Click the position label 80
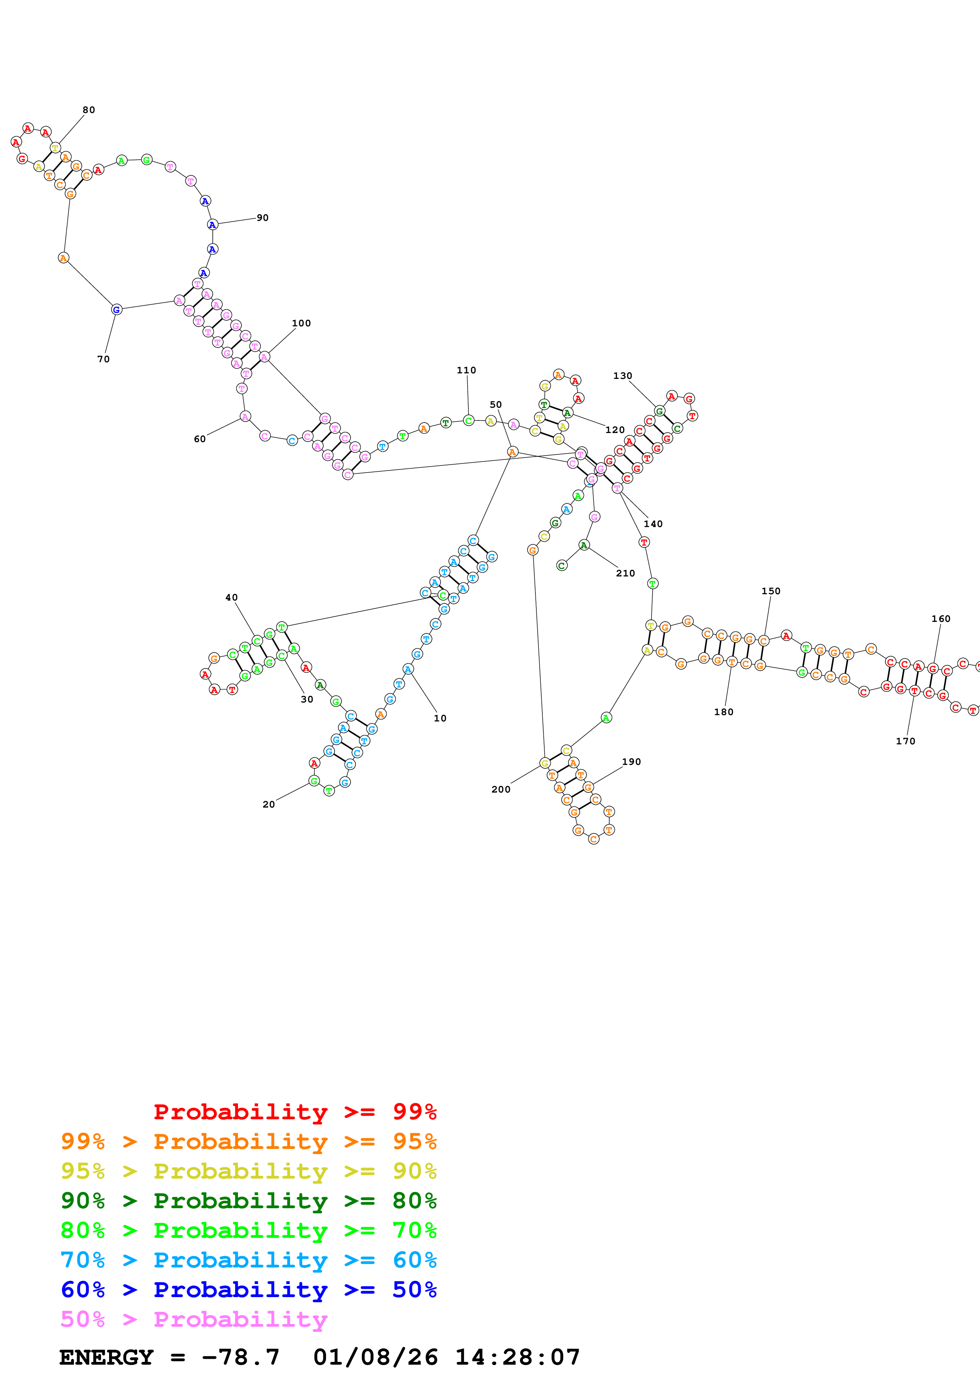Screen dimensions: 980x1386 click(x=89, y=110)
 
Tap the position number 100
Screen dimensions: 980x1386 click(x=301, y=323)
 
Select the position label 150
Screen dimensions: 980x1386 click(x=770, y=591)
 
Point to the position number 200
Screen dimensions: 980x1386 click(x=500, y=789)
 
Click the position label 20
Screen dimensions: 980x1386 click(x=269, y=804)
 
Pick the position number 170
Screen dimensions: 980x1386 click(x=905, y=741)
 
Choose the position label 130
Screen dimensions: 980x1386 click(x=623, y=375)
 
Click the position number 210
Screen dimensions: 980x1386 click(x=625, y=573)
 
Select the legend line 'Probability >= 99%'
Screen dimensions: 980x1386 click(x=295, y=1112)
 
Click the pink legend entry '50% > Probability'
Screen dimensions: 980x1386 click(x=194, y=1319)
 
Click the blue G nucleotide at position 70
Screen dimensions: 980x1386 click(x=117, y=310)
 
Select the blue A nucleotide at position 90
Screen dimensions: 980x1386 click(x=212, y=224)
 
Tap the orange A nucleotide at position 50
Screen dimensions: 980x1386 click(x=512, y=452)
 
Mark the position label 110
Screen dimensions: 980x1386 click(x=466, y=370)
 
